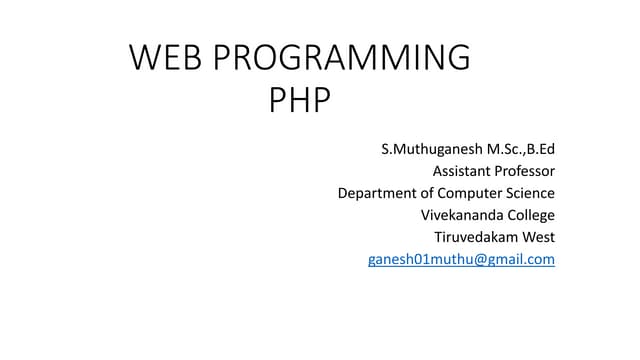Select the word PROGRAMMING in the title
pos(339,58)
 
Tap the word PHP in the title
pos(299,101)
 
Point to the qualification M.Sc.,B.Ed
pos(519,150)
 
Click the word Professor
pos(526,171)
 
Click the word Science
pos(531,193)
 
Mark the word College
pos(530,215)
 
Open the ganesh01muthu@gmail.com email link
pos(461,259)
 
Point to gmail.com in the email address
pos(515,259)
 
